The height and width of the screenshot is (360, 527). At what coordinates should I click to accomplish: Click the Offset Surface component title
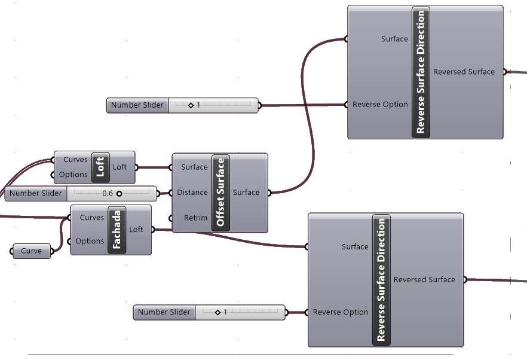point(220,193)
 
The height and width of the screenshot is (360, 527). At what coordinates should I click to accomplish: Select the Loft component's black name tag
point(100,167)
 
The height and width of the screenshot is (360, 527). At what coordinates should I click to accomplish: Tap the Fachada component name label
point(117,230)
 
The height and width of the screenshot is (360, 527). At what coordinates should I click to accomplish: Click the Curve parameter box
point(32,251)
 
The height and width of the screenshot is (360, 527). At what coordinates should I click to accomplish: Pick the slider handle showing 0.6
point(119,193)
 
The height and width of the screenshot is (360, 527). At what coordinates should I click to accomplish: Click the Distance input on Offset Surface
point(192,193)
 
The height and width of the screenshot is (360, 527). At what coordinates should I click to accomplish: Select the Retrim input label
point(195,218)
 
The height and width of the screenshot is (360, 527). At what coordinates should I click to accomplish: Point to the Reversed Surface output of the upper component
point(464,72)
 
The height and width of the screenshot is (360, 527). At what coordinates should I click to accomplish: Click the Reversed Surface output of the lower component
point(424,279)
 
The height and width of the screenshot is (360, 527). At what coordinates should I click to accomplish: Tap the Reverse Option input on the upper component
point(380,105)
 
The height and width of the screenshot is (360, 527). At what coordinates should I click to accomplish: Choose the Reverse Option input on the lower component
point(341,312)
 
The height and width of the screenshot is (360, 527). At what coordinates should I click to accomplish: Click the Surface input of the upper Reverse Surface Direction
point(394,39)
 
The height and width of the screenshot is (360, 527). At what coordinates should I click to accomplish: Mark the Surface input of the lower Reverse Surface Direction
point(355,246)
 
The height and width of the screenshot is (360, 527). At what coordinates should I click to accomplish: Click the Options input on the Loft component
point(73,175)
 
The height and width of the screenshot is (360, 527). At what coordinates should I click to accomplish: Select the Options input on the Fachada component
point(90,241)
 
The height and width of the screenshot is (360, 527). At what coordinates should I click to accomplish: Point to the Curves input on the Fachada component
point(91,218)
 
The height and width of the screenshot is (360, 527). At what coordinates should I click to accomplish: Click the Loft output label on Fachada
point(136,230)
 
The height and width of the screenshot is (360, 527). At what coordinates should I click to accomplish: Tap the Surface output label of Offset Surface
point(246,193)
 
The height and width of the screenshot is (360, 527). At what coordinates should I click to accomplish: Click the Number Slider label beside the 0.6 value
point(36,193)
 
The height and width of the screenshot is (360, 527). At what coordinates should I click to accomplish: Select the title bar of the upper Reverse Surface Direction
point(421,72)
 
